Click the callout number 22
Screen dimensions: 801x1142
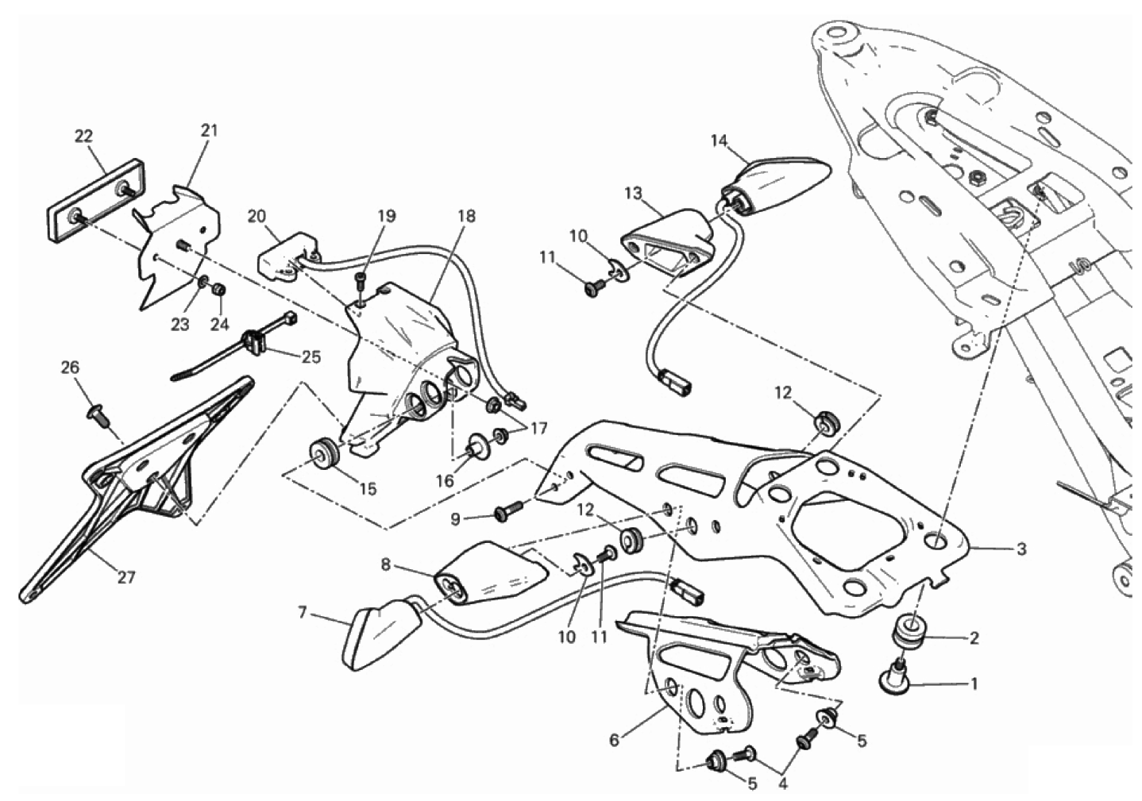pyautogui.click(x=84, y=136)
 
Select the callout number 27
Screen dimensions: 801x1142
pyautogui.click(x=126, y=577)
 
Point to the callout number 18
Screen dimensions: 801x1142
pyautogui.click(x=466, y=216)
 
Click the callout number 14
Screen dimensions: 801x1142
pyautogui.click(x=719, y=141)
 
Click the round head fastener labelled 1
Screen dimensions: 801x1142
pyautogui.click(x=897, y=676)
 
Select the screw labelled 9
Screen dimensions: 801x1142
pyautogui.click(x=506, y=514)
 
